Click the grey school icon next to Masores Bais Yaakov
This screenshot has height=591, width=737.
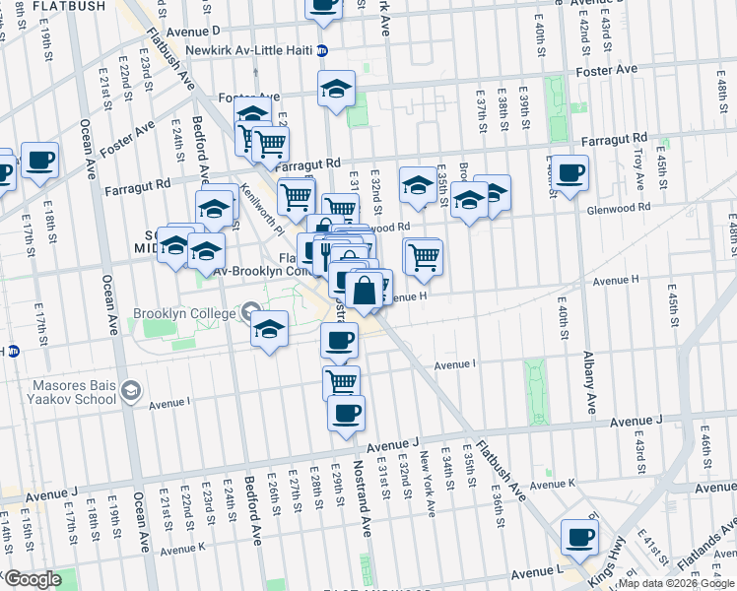coord(130,393)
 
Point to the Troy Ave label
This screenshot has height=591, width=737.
coord(638,168)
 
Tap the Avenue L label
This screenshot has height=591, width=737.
coord(536,571)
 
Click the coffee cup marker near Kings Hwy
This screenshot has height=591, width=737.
coord(579,537)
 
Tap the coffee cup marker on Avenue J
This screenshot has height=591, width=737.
coord(346,413)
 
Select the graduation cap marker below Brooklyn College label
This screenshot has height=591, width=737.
coord(268,330)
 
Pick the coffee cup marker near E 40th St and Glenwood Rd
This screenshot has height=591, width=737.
coord(569,173)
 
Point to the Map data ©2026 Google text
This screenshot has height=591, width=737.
coord(675,583)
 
